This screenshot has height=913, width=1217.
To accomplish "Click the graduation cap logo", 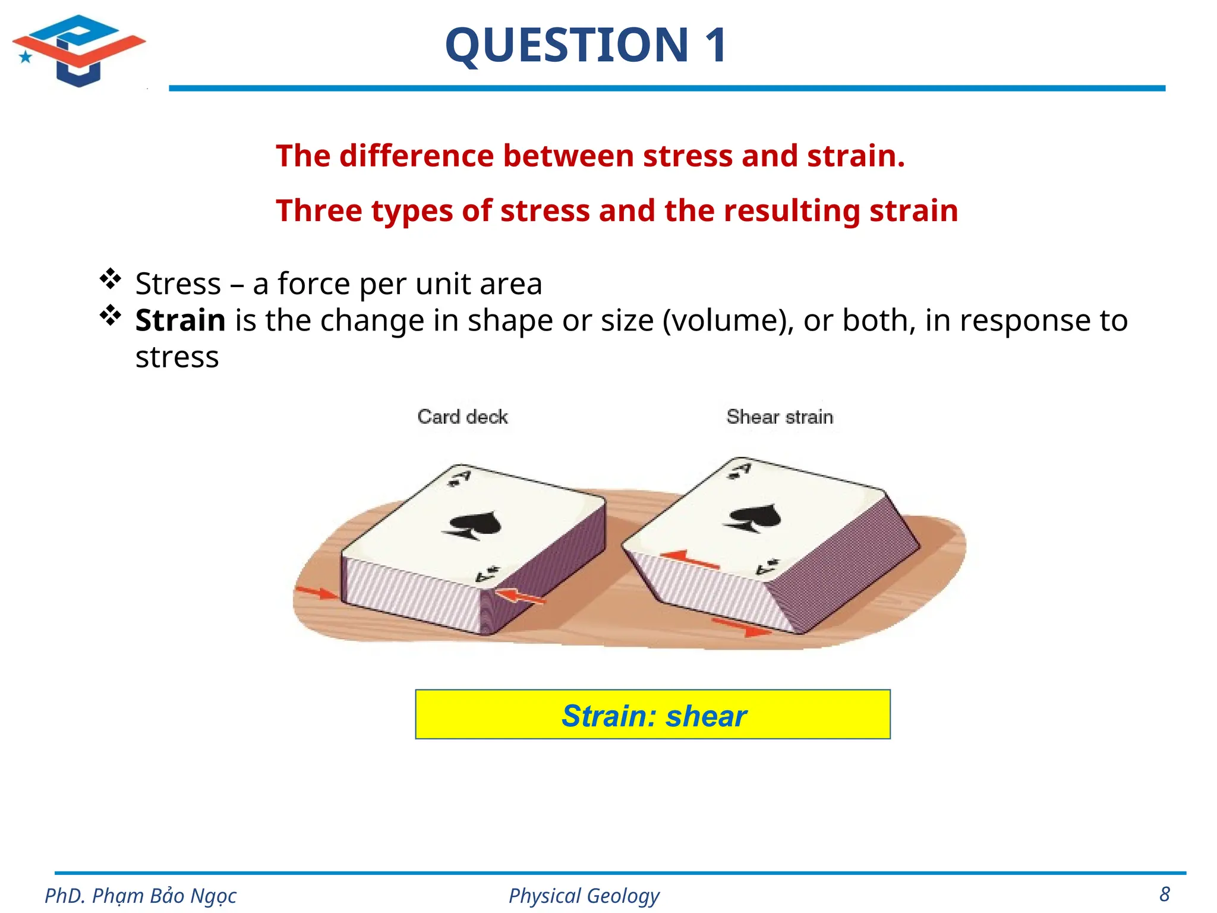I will (x=78, y=51).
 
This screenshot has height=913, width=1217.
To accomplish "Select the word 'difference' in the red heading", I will (x=417, y=156).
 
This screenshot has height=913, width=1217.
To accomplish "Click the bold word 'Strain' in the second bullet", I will (x=180, y=320).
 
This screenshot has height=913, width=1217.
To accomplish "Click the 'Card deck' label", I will (x=462, y=417).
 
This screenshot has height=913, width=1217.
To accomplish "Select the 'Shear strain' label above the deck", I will (x=780, y=417).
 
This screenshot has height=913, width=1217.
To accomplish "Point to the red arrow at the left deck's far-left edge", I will (x=316, y=592).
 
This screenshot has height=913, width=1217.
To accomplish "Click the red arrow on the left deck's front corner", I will (x=518, y=596).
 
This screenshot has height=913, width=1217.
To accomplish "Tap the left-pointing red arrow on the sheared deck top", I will (x=689, y=559).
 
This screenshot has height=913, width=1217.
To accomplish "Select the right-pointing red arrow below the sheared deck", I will (x=742, y=626).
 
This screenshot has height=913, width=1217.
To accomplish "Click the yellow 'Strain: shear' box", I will (x=652, y=714).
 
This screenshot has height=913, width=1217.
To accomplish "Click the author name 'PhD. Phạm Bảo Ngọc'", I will (x=141, y=895).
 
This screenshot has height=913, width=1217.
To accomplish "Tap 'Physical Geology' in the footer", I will (x=584, y=895).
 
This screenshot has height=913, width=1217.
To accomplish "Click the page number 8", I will (x=1165, y=894).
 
